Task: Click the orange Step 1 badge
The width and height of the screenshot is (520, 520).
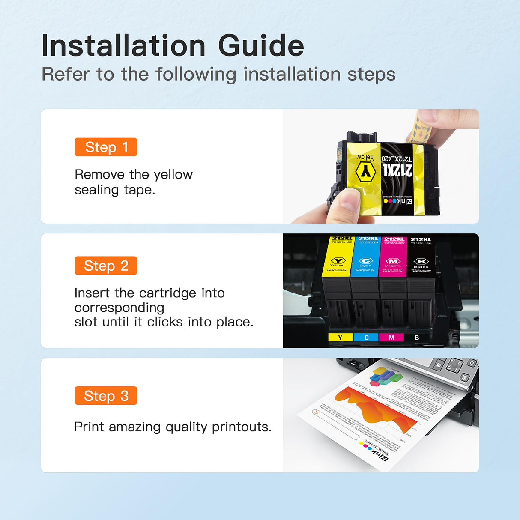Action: point(106,147)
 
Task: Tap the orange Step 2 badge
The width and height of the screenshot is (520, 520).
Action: point(106,266)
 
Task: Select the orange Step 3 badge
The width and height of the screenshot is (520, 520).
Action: point(106,396)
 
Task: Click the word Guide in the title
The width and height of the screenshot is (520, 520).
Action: point(261,46)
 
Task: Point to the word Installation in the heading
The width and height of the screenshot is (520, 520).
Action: point(123,46)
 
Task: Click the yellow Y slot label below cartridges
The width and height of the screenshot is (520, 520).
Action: point(340,338)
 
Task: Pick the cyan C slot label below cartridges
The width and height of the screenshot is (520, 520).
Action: point(366,338)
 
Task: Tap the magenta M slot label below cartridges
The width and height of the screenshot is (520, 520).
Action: point(391,338)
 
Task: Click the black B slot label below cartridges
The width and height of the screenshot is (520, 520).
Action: point(417,338)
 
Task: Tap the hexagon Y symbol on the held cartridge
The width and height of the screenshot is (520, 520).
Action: point(365,172)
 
